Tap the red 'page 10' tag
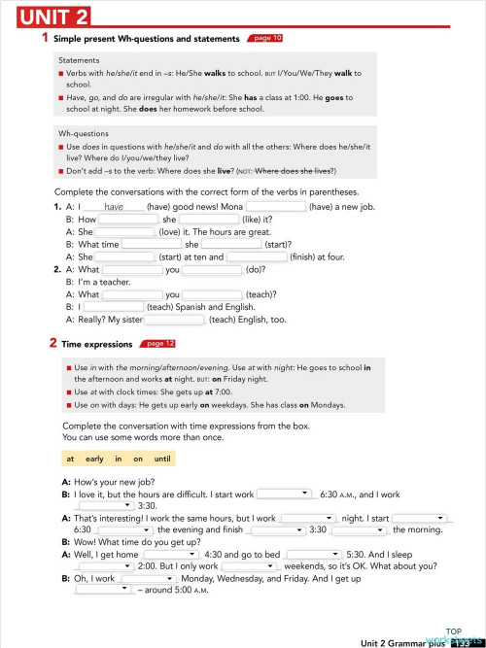[267, 38]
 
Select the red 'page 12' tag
[159, 343]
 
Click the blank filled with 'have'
[115, 207]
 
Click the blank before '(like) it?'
[209, 220]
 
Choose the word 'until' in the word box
[162, 458]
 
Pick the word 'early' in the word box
[94, 458]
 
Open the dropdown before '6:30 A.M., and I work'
[284, 494]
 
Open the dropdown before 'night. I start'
[307, 518]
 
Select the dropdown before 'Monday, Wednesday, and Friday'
[148, 577]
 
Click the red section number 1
[45, 38]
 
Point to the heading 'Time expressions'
[96, 344]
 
